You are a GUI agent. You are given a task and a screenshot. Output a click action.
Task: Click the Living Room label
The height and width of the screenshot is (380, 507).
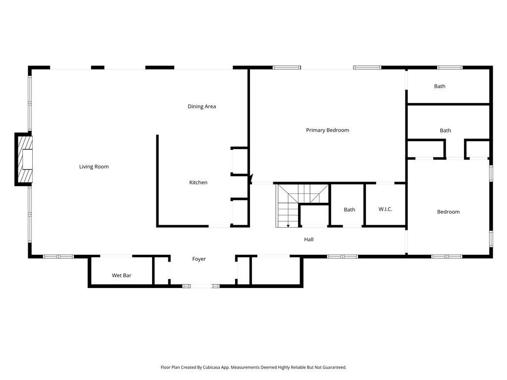[x=94, y=167]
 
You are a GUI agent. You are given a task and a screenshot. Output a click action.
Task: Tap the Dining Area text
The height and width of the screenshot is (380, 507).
[x=202, y=106]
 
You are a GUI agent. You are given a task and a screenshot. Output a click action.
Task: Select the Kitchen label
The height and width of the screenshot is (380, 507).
[x=198, y=183]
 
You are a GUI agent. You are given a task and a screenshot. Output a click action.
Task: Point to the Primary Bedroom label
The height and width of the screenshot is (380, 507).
[x=327, y=130]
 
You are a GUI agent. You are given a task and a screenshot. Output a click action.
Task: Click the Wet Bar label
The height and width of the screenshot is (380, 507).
[x=121, y=276]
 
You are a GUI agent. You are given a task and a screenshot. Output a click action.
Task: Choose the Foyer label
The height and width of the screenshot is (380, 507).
[x=199, y=259]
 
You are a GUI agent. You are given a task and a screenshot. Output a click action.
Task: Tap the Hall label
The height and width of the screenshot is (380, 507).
[x=308, y=239]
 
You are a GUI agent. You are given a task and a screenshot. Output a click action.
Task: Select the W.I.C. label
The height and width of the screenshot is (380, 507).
[x=385, y=209]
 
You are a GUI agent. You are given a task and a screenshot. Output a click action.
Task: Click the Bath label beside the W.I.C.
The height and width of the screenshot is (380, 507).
[x=350, y=210]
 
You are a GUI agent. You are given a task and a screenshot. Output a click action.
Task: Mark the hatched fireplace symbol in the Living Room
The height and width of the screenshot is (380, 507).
[x=25, y=159]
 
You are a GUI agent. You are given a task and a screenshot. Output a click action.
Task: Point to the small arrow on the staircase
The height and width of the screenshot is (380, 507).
[x=288, y=226]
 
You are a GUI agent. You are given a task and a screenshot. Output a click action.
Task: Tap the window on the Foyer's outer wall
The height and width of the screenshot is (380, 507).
[x=201, y=285]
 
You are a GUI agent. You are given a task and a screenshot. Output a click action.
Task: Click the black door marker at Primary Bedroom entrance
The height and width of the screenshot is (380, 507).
[x=251, y=178]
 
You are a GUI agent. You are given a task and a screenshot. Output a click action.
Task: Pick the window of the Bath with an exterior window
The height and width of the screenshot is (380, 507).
[x=450, y=67]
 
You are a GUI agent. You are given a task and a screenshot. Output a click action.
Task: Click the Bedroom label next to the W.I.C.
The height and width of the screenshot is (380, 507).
[x=448, y=212]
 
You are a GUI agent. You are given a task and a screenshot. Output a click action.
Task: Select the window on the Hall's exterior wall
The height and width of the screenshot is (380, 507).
[x=343, y=256]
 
